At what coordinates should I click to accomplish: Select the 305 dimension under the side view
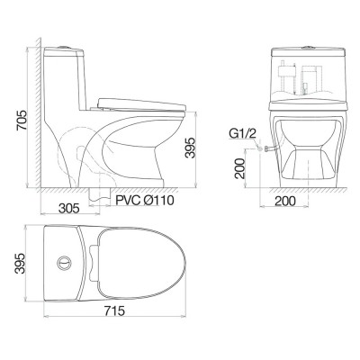(x=65, y=206)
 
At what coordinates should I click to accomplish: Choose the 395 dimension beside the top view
(x=11, y=264)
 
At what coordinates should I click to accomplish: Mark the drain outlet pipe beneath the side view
(x=95, y=193)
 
